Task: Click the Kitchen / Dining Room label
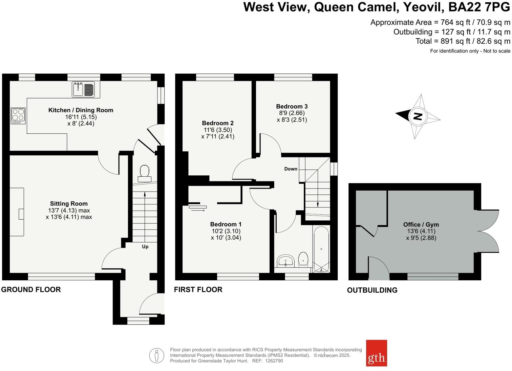pyautogui.click(x=81, y=110)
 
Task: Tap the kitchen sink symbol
pyautogui.click(x=83, y=89)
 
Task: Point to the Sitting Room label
pyautogui.click(x=69, y=203)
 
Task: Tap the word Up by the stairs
pyautogui.click(x=145, y=246)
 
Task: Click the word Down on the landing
pyautogui.click(x=291, y=169)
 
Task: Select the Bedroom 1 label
pyautogui.click(x=226, y=224)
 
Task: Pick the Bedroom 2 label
pyautogui.click(x=218, y=123)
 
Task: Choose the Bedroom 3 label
pyautogui.click(x=292, y=106)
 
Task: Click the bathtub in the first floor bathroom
pyautogui.click(x=321, y=249)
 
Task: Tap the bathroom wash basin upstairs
pyautogui.click(x=285, y=261)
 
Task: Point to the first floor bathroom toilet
pyautogui.click(x=303, y=259)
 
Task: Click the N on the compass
pyautogui.click(x=418, y=116)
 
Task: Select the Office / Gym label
pyautogui.click(x=421, y=224)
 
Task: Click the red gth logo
pyautogui.click(x=376, y=353)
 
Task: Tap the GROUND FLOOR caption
pyautogui.click(x=31, y=289)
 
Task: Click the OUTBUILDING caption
pyautogui.click(x=372, y=290)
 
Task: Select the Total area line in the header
pyautogui.click(x=463, y=41)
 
